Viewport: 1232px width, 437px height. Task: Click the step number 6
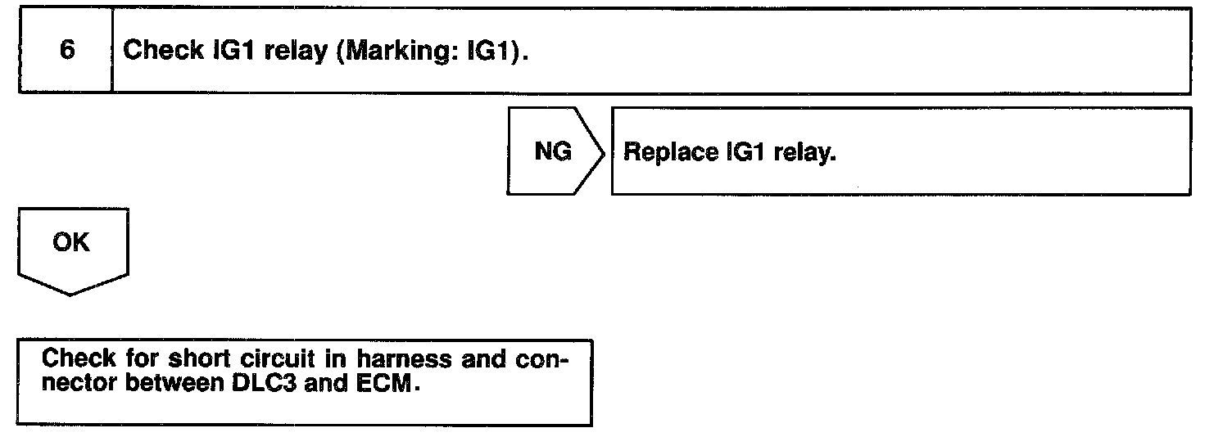pyautogui.click(x=67, y=50)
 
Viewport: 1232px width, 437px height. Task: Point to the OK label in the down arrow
pyautogui.click(x=71, y=243)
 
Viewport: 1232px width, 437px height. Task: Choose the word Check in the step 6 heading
pyautogui.click(x=162, y=51)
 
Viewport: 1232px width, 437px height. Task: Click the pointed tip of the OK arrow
pyautogui.click(x=71, y=294)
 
